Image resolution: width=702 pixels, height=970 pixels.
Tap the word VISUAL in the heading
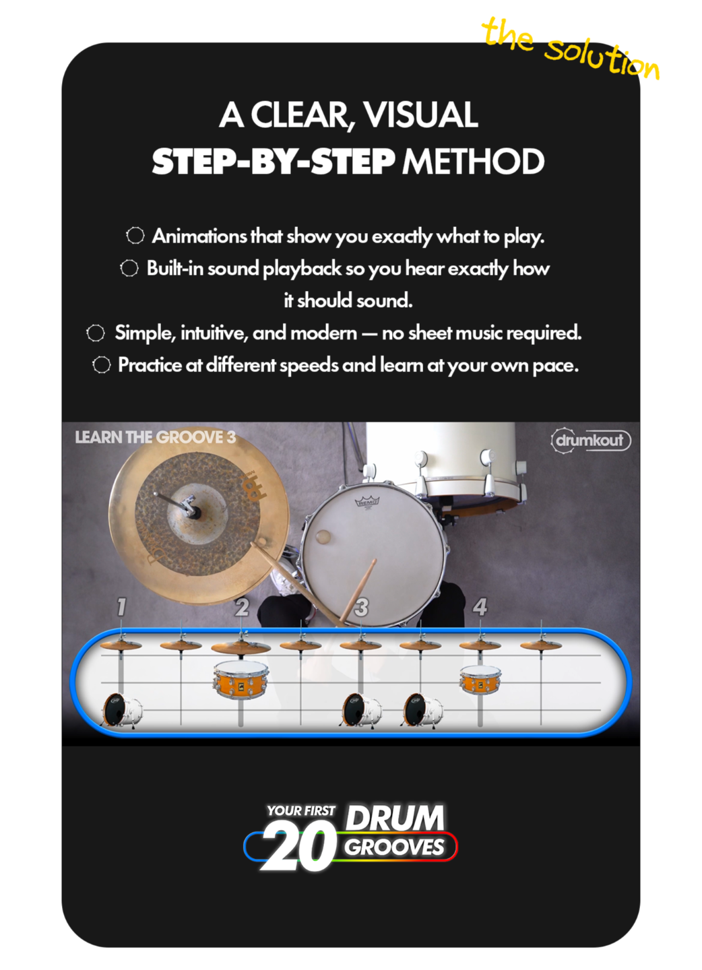420,115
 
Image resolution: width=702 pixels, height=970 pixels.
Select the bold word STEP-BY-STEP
274,162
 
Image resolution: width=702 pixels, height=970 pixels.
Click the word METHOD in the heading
474,162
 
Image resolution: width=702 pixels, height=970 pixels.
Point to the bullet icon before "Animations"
135,236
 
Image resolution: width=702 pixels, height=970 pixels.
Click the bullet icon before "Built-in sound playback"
129,269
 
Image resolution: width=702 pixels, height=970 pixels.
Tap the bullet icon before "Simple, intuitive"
96,333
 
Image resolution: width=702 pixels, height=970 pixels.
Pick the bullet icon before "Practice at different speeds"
102,365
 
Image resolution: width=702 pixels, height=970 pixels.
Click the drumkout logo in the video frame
591,441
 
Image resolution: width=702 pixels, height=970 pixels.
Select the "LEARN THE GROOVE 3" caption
156,437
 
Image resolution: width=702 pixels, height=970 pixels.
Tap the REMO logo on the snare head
366,501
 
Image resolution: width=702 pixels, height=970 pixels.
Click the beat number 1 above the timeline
122,607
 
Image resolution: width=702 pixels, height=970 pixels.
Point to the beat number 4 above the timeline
480,607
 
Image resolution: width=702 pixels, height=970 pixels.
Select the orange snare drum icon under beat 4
480,680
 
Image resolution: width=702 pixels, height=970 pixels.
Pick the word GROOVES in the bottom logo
394,847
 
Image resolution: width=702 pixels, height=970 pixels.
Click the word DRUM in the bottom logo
395,818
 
